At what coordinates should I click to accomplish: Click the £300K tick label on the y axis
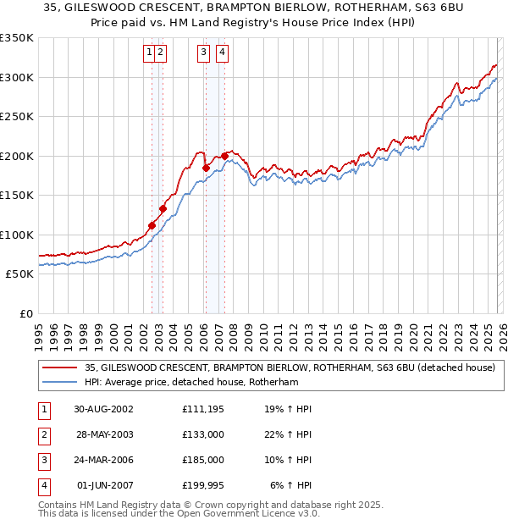point(17,77)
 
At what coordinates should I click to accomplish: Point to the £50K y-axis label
point(19,274)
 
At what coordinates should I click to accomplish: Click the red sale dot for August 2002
point(152,226)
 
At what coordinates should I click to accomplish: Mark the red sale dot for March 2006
point(206,168)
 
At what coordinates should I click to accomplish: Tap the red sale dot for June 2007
point(224,156)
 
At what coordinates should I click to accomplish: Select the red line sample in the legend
point(61,368)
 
